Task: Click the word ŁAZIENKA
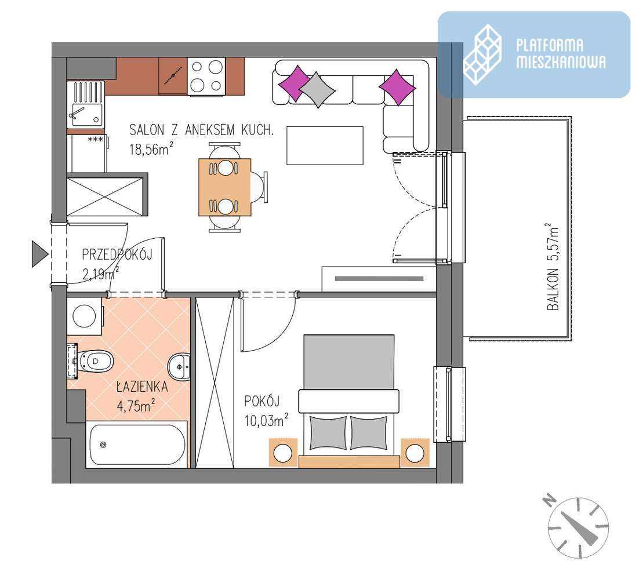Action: [141, 387]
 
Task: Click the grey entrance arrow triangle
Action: [39, 254]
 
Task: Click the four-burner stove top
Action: [206, 76]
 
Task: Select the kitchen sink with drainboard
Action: [85, 103]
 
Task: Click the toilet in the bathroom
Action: [95, 362]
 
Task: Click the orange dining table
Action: [224, 186]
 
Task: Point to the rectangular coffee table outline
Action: [325, 145]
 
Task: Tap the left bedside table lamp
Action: [283, 453]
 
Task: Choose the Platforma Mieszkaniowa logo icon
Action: [482, 54]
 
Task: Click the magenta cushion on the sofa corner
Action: [397, 87]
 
